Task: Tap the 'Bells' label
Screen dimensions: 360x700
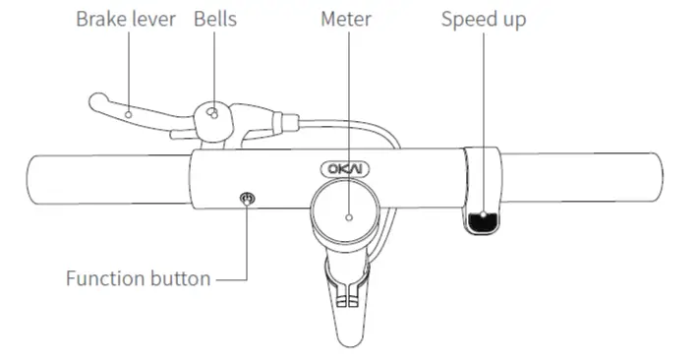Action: [215, 20]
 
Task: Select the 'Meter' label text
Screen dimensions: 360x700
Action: [346, 20]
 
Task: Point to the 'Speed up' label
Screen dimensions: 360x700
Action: [484, 20]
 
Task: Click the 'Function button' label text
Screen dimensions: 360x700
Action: [138, 278]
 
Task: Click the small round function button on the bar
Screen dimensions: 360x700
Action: [247, 200]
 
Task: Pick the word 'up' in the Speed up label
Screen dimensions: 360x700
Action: [512, 22]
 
